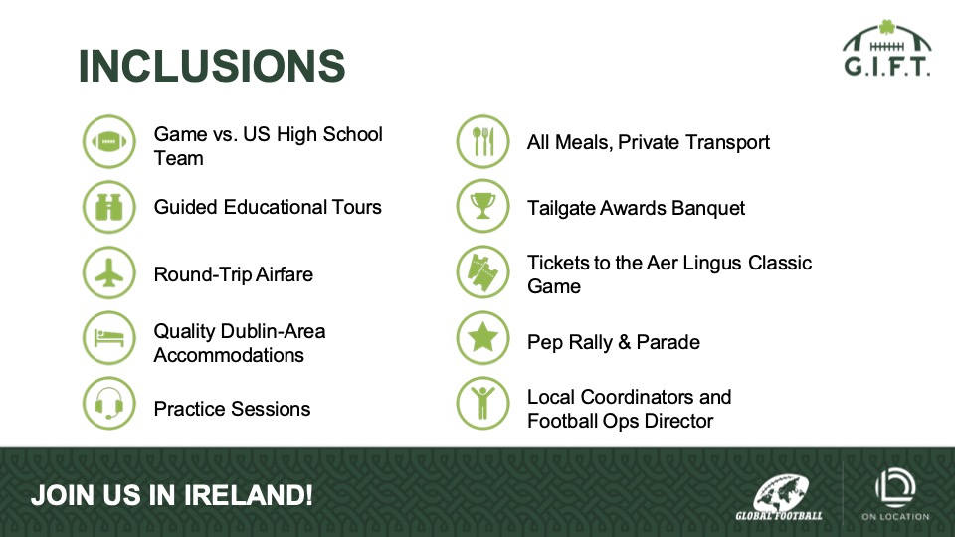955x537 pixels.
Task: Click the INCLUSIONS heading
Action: coord(211,66)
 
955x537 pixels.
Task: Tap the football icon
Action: coord(109,142)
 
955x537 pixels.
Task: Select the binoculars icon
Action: coord(109,207)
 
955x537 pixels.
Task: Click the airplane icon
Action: coord(109,272)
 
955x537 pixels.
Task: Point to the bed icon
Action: coord(109,338)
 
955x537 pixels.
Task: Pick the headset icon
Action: coord(109,404)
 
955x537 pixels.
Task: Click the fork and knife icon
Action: coord(483,142)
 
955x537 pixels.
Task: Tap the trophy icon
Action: coord(483,206)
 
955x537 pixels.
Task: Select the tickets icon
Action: coord(483,272)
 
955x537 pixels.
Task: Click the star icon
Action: coord(483,338)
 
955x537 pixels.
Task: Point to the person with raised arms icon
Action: coord(483,404)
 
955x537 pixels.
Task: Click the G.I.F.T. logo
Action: coord(886,48)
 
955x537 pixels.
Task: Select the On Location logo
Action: coord(895,494)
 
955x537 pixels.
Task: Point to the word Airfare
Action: coord(284,274)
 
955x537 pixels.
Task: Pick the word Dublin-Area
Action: coord(274,331)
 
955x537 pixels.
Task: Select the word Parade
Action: coord(668,342)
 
